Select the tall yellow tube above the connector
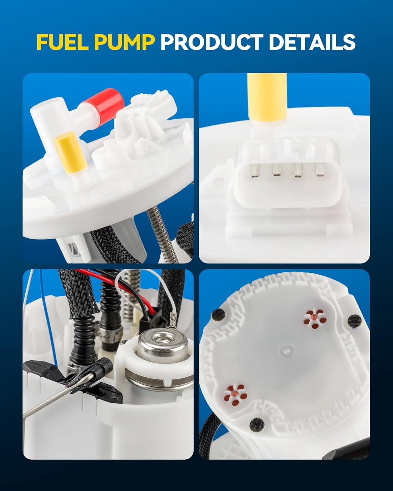pos(267,99)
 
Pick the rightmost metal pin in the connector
pos(320,170)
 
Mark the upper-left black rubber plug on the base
pos(218,315)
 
